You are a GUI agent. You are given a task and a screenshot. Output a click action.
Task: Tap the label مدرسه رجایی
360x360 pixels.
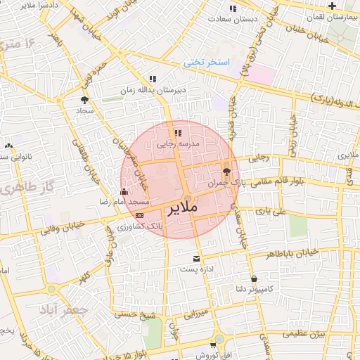pyautogui.click(x=178, y=143)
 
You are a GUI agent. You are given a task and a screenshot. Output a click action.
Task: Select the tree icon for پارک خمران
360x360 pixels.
pyautogui.click(x=226, y=171)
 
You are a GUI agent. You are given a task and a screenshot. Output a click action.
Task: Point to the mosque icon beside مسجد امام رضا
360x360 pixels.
pyautogui.click(x=124, y=191)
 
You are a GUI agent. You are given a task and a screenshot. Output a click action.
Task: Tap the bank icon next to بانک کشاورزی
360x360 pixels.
pyautogui.click(x=139, y=215)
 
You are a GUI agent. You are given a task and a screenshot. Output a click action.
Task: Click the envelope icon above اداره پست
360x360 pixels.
pyautogui.click(x=186, y=259)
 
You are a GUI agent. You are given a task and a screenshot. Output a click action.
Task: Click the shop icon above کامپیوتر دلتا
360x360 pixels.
pyautogui.click(x=254, y=278)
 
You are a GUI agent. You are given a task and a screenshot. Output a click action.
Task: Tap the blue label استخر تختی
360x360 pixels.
pyautogui.click(x=207, y=63)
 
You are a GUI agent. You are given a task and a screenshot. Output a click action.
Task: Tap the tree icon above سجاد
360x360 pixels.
pyautogui.click(x=86, y=100)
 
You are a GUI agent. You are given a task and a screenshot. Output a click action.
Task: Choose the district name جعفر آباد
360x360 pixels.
pyautogui.click(x=63, y=311)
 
